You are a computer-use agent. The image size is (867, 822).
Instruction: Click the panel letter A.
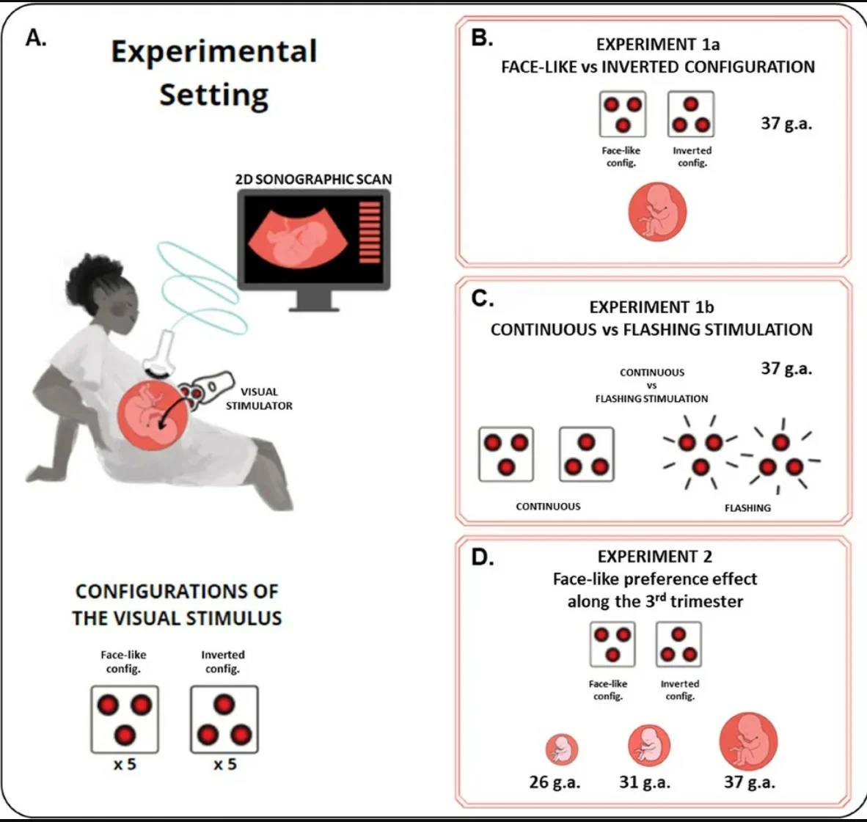point(36,37)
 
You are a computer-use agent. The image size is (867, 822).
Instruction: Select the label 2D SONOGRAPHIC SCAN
point(313,179)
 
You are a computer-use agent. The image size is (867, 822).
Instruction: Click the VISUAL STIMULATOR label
point(259,399)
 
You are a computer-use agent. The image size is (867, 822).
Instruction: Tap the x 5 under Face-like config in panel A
point(125,764)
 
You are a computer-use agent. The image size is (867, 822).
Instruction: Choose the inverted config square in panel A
point(224,719)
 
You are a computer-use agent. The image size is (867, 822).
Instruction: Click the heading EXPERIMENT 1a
point(657,44)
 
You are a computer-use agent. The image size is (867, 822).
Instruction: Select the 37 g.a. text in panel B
point(786,122)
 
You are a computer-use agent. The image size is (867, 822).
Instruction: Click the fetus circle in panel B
point(657,212)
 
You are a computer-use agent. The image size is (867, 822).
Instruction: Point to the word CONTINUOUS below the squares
point(548,507)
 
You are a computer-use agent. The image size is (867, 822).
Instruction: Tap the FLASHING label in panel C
point(747,508)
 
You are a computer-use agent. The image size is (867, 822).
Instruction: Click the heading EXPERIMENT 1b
point(651,307)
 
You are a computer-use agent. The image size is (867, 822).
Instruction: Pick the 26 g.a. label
point(555,782)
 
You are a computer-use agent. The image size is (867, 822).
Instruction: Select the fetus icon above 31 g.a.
point(649,746)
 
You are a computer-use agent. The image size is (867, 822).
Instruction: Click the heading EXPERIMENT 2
point(655,556)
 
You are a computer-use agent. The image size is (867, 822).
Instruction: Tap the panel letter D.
point(482,557)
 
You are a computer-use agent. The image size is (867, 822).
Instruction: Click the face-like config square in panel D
point(612,644)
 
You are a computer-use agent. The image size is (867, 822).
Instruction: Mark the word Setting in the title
point(214,95)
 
